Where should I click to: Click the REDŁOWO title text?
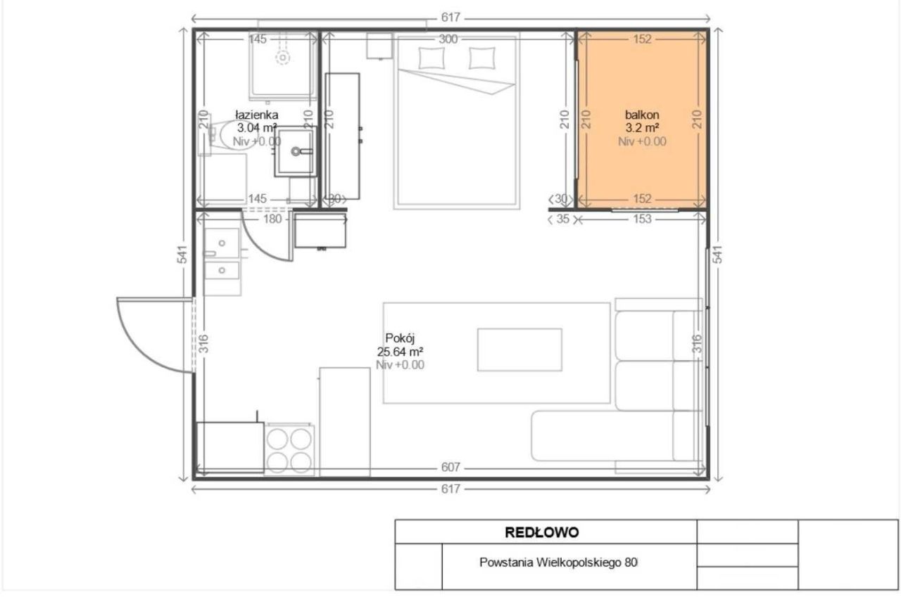542,532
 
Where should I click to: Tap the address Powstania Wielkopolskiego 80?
558,562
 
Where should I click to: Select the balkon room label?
642,115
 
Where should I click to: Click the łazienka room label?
257,115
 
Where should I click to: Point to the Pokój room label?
400,338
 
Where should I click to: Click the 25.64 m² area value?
400,352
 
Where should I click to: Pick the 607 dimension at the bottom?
450,467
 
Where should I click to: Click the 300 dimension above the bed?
448,39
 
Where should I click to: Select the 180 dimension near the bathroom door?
272,219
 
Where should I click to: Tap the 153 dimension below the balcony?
642,219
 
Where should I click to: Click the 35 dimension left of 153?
562,219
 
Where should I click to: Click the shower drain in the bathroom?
283,58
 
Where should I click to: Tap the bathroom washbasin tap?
302,151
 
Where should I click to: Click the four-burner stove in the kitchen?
289,450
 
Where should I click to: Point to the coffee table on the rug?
519,350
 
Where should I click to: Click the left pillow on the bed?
431,58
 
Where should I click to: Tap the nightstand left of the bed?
379,46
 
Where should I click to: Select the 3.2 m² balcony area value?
642,128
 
